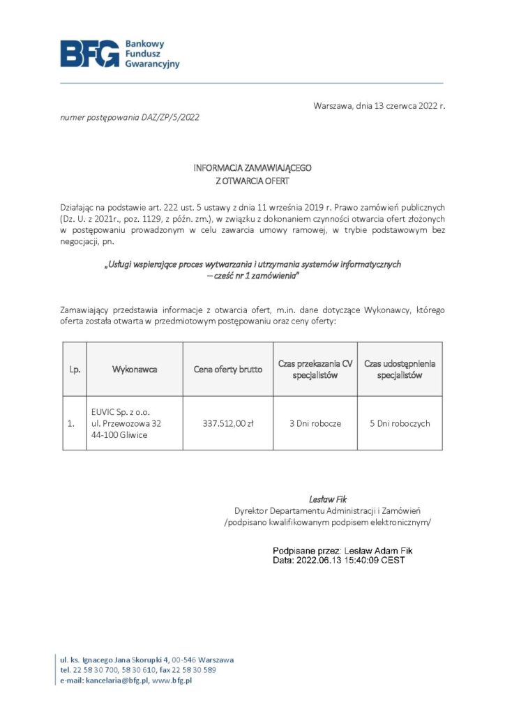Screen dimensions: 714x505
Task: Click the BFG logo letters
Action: pyautogui.click(x=89, y=54)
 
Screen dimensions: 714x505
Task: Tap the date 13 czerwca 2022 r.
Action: pyautogui.click(x=400, y=106)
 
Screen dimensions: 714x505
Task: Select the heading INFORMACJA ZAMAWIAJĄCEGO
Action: pyautogui.click(x=252, y=169)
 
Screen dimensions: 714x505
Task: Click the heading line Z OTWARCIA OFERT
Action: pyautogui.click(x=252, y=181)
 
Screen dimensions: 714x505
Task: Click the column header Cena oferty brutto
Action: pyautogui.click(x=228, y=369)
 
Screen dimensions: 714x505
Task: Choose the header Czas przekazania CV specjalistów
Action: pyautogui.click(x=315, y=369)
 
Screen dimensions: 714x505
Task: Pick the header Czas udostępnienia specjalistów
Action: pyautogui.click(x=400, y=369)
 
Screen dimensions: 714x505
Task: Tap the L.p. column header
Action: pyautogui.click(x=75, y=369)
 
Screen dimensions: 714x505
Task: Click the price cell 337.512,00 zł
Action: pyautogui.click(x=228, y=423)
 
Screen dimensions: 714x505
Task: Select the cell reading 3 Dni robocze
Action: pyautogui.click(x=315, y=423)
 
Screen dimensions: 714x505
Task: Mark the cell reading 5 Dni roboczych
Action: pyautogui.click(x=400, y=423)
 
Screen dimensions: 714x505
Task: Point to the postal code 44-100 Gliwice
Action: pyautogui.click(x=118, y=436)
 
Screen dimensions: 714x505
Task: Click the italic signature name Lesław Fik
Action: pyautogui.click(x=328, y=499)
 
